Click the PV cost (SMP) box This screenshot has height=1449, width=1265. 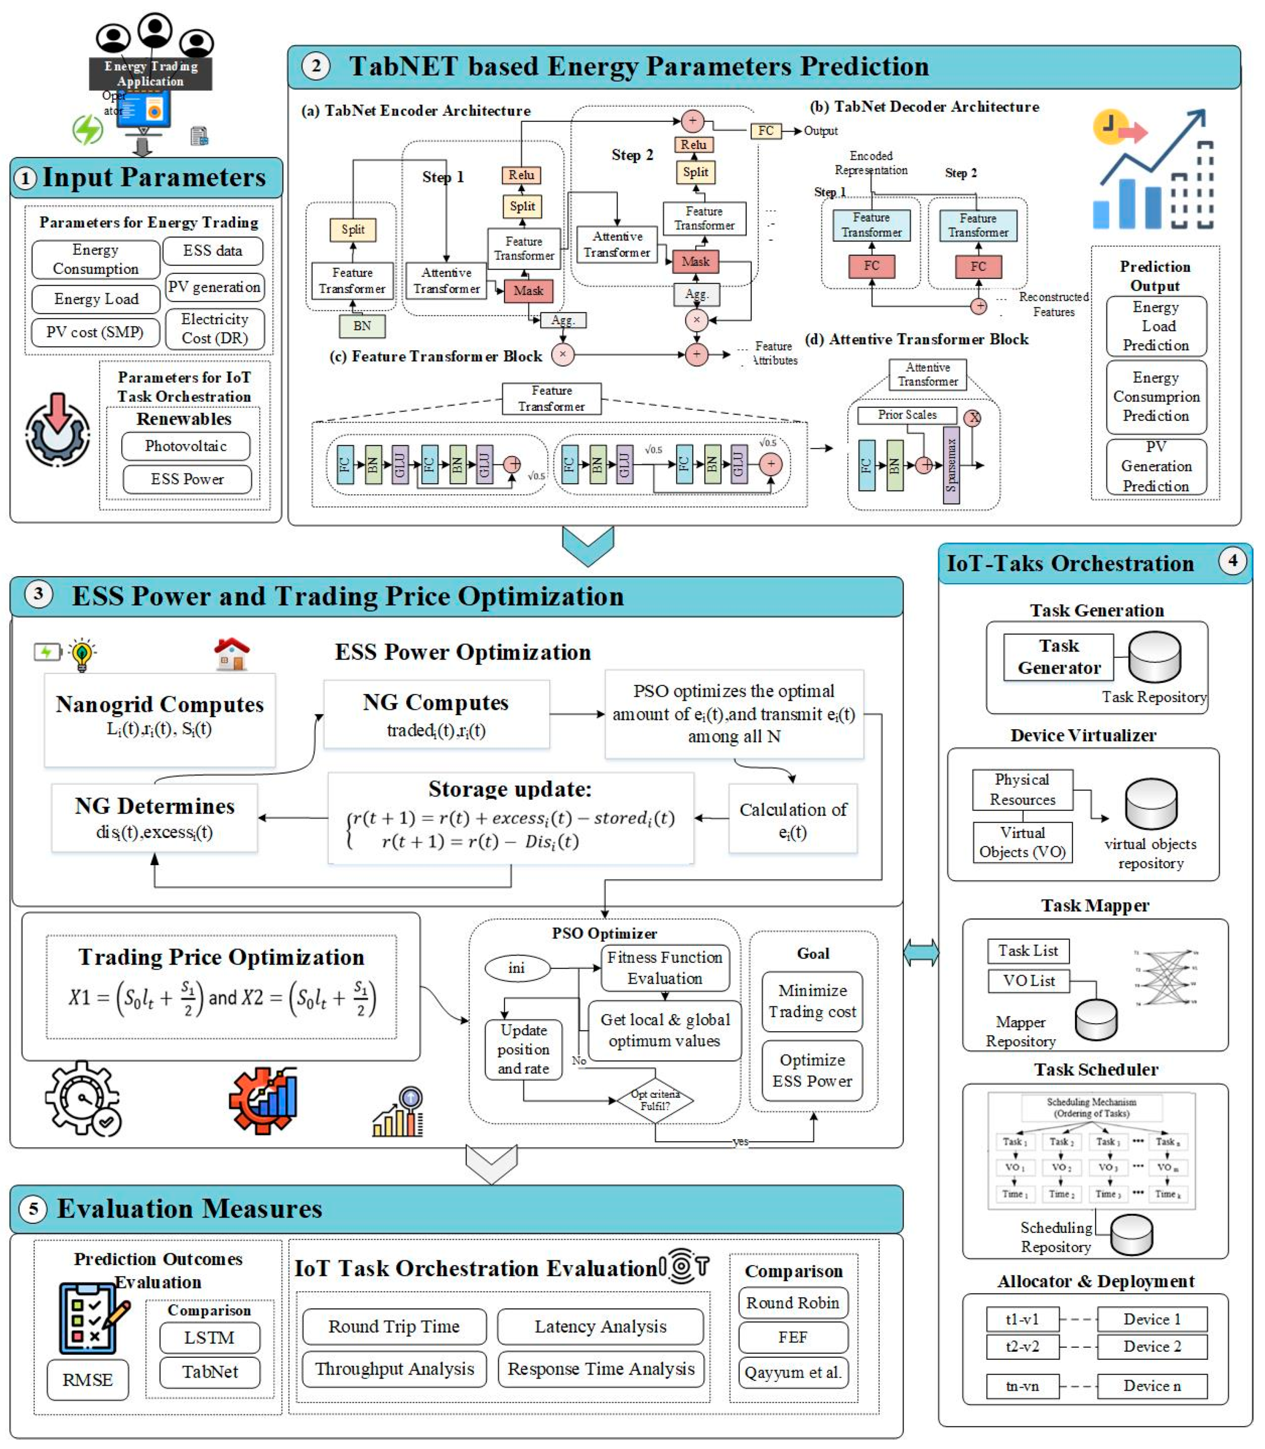95,332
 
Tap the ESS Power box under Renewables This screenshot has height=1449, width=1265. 187,479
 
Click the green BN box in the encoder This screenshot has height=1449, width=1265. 362,326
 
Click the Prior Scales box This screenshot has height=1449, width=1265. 907,415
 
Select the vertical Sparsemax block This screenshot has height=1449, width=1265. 951,465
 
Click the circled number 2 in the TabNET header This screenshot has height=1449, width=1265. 316,66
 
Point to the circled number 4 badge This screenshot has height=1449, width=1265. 1233,561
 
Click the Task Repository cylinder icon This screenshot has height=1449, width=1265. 1154,657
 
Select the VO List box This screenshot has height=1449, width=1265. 1029,981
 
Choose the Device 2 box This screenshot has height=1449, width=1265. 1152,1347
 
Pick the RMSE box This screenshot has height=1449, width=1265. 88,1380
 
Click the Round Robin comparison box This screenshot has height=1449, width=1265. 793,1303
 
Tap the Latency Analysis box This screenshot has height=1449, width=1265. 600,1327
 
